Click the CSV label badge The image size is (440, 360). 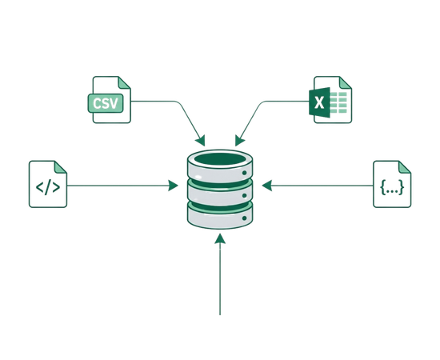(x=106, y=103)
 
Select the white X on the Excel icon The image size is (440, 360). (x=319, y=102)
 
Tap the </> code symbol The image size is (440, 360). (x=48, y=188)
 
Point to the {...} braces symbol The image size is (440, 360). (x=392, y=187)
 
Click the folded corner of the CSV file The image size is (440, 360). (x=123, y=82)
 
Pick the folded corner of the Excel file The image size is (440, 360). (x=345, y=82)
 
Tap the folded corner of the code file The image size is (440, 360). (x=60, y=167)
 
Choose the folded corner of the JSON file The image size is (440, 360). (x=404, y=167)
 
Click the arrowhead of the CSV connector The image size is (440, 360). (x=201, y=141)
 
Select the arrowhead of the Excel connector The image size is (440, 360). (x=239, y=141)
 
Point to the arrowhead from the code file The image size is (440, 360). (x=173, y=186)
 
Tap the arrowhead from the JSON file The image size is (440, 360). (x=267, y=186)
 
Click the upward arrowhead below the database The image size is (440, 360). (x=220, y=238)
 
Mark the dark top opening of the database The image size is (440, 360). (x=220, y=159)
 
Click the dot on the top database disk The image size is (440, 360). (x=244, y=173)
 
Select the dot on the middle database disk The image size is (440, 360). (x=244, y=195)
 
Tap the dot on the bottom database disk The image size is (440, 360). (x=244, y=218)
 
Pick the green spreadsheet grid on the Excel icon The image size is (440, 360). (x=338, y=102)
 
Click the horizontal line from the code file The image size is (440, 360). (x=118, y=186)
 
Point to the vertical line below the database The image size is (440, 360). (x=220, y=279)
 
